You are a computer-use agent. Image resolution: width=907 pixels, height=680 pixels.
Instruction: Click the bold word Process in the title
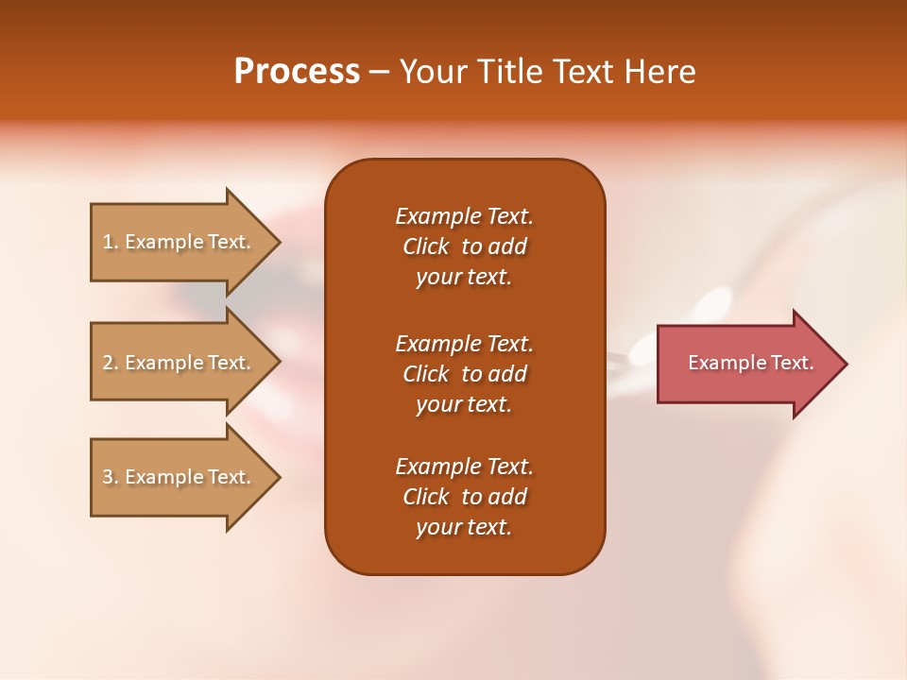click(297, 72)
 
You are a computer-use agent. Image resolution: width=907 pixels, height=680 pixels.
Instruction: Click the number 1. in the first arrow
click(111, 242)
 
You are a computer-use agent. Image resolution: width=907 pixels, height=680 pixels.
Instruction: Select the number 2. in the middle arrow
click(111, 363)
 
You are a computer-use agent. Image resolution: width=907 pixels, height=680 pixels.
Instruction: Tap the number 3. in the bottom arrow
click(111, 477)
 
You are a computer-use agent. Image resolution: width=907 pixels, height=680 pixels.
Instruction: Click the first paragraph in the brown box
click(464, 246)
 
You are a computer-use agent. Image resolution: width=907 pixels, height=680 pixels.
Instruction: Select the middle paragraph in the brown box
click(464, 374)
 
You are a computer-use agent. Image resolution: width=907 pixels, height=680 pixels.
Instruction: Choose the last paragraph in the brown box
click(464, 497)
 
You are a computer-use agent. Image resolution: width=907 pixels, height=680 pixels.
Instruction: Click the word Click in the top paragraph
click(425, 246)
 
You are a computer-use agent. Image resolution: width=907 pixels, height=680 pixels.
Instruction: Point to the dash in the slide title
click(379, 72)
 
